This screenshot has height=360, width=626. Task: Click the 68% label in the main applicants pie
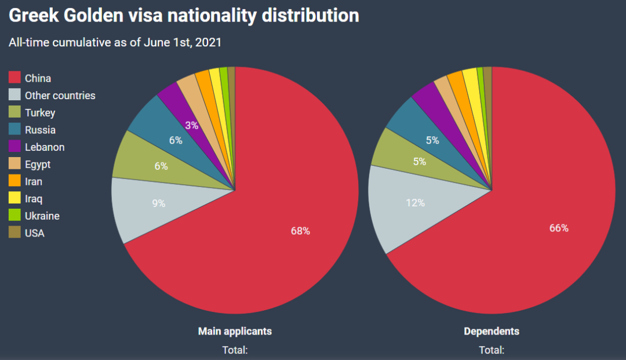[x=300, y=231]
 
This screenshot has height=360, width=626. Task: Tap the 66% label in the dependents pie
[x=559, y=228]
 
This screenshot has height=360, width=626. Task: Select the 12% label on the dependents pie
[x=415, y=203]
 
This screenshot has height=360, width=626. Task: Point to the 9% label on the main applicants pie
[x=158, y=203]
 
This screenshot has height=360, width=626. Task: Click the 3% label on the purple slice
[x=192, y=125]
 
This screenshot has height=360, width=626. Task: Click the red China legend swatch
[x=14, y=78]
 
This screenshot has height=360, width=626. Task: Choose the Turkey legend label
[x=40, y=113]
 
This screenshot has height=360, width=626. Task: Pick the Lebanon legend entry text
[x=45, y=147]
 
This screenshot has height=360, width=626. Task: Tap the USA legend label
[x=35, y=233]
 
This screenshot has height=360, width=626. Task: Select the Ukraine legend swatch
[x=14, y=216]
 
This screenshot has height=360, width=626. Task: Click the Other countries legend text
[x=60, y=96]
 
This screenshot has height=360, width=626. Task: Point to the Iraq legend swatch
[x=14, y=198]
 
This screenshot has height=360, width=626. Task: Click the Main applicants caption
[x=235, y=332]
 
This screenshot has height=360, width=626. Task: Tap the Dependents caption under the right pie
[x=492, y=332]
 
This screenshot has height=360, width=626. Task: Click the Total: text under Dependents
[x=492, y=350]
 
